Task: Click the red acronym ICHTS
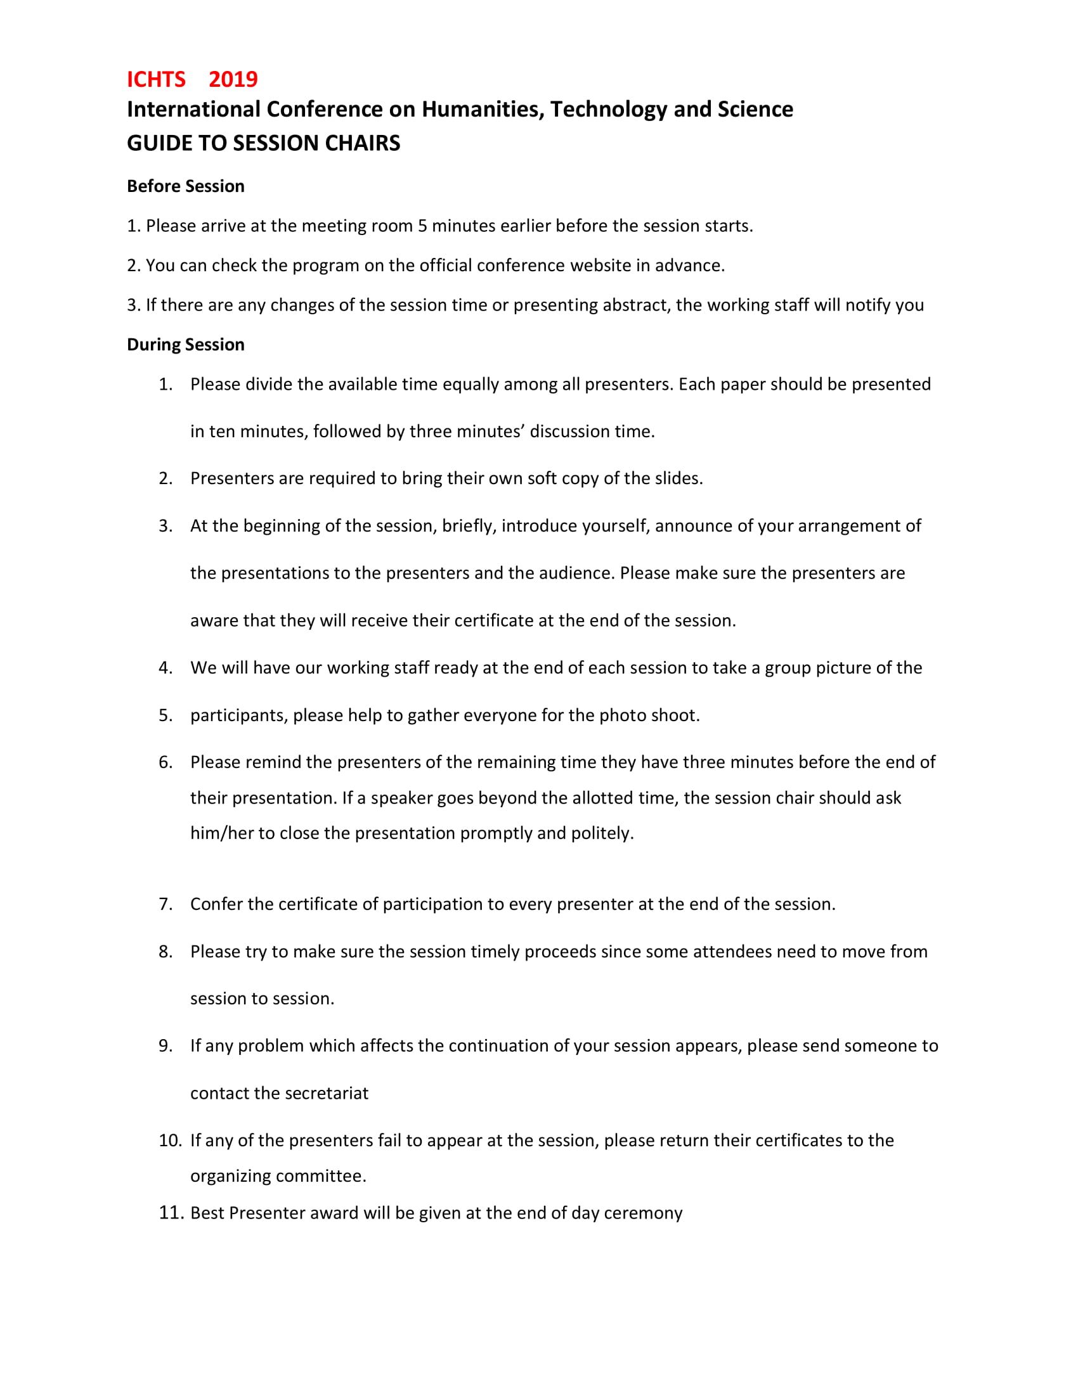pos(156,79)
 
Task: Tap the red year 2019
pos(233,79)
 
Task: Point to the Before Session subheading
pos(185,186)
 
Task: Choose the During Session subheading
pos(185,345)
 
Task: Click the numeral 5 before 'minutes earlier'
pos(422,226)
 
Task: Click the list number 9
pos(166,1045)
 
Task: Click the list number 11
pos(171,1213)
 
